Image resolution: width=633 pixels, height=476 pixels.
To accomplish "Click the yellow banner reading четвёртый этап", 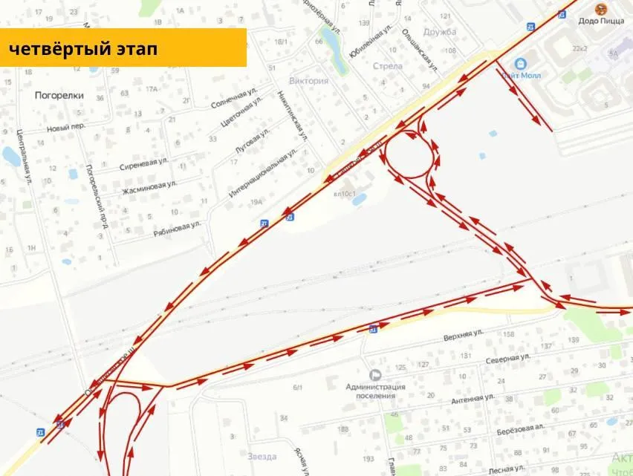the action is [123, 48].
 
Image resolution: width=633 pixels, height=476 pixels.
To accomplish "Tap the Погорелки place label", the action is [59, 95].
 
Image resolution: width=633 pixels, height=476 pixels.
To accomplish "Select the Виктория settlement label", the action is [308, 81].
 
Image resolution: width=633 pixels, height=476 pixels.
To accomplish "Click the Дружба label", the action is [440, 32].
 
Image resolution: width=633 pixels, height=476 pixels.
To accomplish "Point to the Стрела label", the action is [387, 66].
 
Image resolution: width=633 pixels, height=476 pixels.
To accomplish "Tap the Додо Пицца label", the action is [601, 21].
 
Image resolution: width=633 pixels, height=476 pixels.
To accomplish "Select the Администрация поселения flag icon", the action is [375, 376].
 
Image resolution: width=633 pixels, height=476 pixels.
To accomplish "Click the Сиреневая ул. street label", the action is [143, 163].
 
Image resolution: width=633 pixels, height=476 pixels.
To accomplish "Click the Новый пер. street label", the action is [66, 127].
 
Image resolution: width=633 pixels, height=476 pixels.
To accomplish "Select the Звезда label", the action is [262, 457].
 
